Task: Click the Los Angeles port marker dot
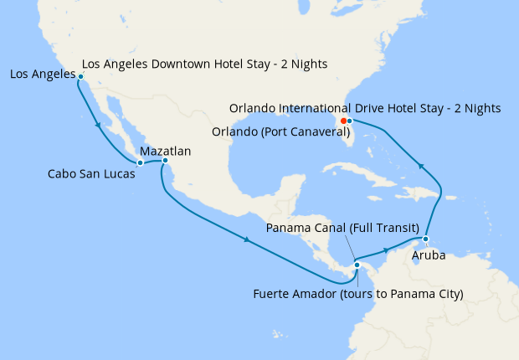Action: coord(80,76)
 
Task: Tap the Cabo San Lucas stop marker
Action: coord(140,162)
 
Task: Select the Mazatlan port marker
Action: coord(165,160)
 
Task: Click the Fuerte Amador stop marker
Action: coord(357,266)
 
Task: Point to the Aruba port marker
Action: coord(426,239)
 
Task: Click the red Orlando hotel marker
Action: coord(343,121)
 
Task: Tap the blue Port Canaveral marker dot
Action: coord(350,121)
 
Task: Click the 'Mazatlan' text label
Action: coord(166,152)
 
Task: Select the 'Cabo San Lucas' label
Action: coord(90,174)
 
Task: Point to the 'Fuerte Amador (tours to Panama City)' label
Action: coord(358,293)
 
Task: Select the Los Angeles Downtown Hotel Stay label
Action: coord(205,64)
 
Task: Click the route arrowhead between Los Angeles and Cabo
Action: coord(100,127)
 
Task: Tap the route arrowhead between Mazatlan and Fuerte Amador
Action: coord(249,242)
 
